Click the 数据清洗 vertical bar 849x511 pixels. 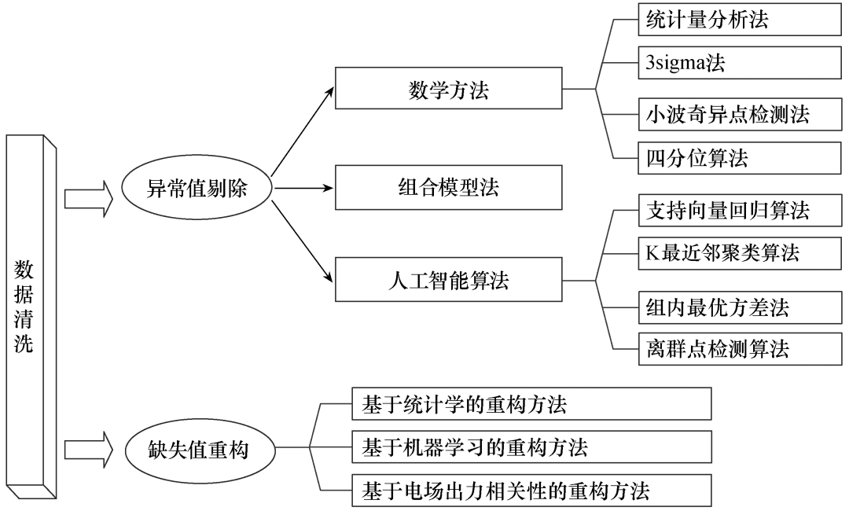pos(30,314)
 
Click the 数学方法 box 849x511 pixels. pos(448,88)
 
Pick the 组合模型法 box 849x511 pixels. pos(448,187)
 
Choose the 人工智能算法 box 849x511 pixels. pos(448,280)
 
